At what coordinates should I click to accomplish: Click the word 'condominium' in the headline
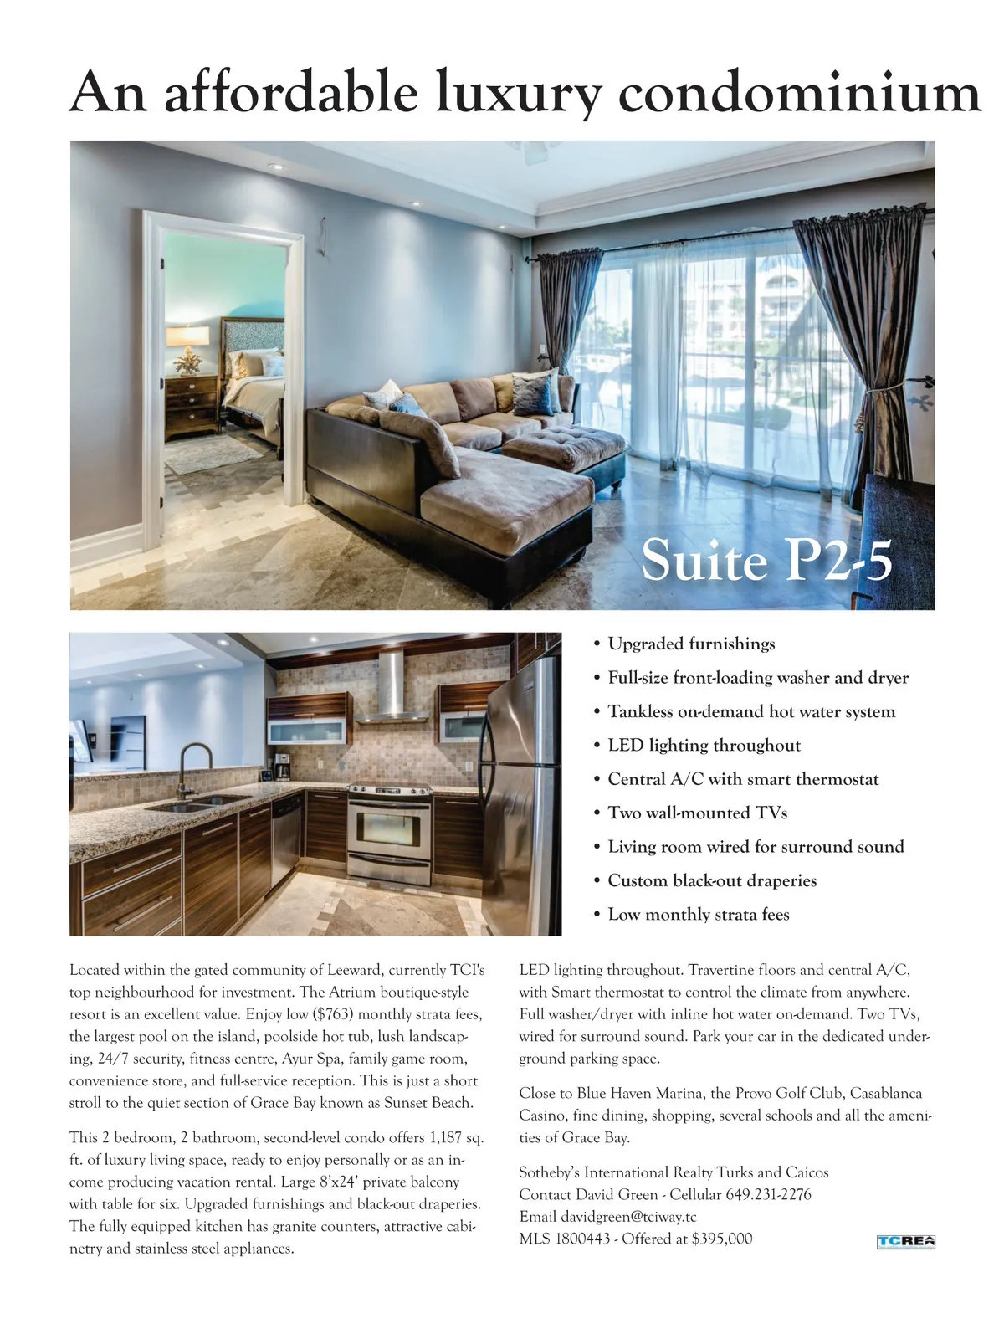(799, 92)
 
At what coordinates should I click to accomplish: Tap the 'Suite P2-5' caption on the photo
(766, 560)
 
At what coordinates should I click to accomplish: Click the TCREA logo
(905, 1241)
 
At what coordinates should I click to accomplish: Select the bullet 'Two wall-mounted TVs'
(697, 813)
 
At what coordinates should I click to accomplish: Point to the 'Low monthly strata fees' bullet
(699, 914)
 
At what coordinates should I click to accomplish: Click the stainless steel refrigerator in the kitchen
(520, 795)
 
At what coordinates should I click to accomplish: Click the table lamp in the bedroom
(187, 345)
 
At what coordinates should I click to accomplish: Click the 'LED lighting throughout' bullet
(704, 745)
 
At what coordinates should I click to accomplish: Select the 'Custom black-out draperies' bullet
(712, 880)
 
